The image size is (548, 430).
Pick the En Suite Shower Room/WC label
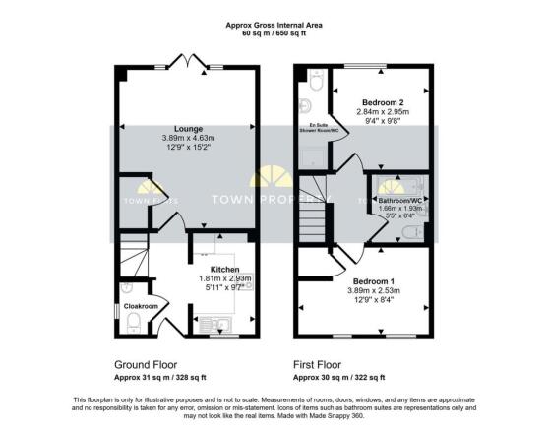coord(313,129)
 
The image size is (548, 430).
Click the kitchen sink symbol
coord(216,321)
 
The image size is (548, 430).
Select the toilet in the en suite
coord(310,85)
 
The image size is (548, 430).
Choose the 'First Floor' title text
coord(327,363)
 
